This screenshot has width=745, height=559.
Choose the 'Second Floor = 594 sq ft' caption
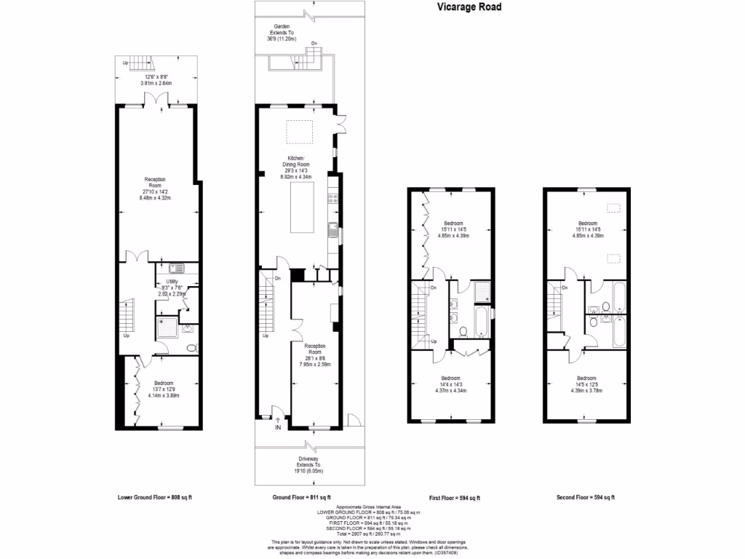(587, 498)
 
